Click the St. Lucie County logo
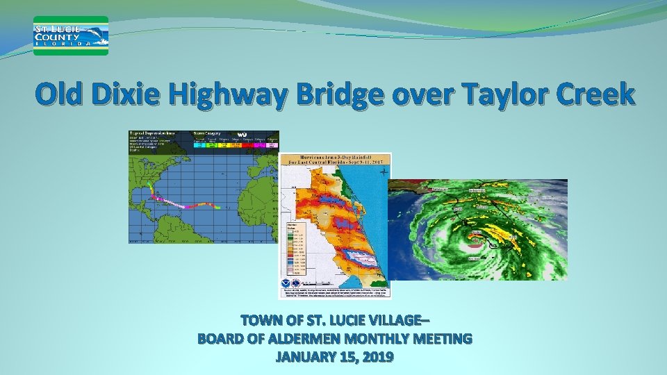point(71,35)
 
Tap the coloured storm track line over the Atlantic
point(188,204)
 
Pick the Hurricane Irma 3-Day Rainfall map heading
point(336,161)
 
